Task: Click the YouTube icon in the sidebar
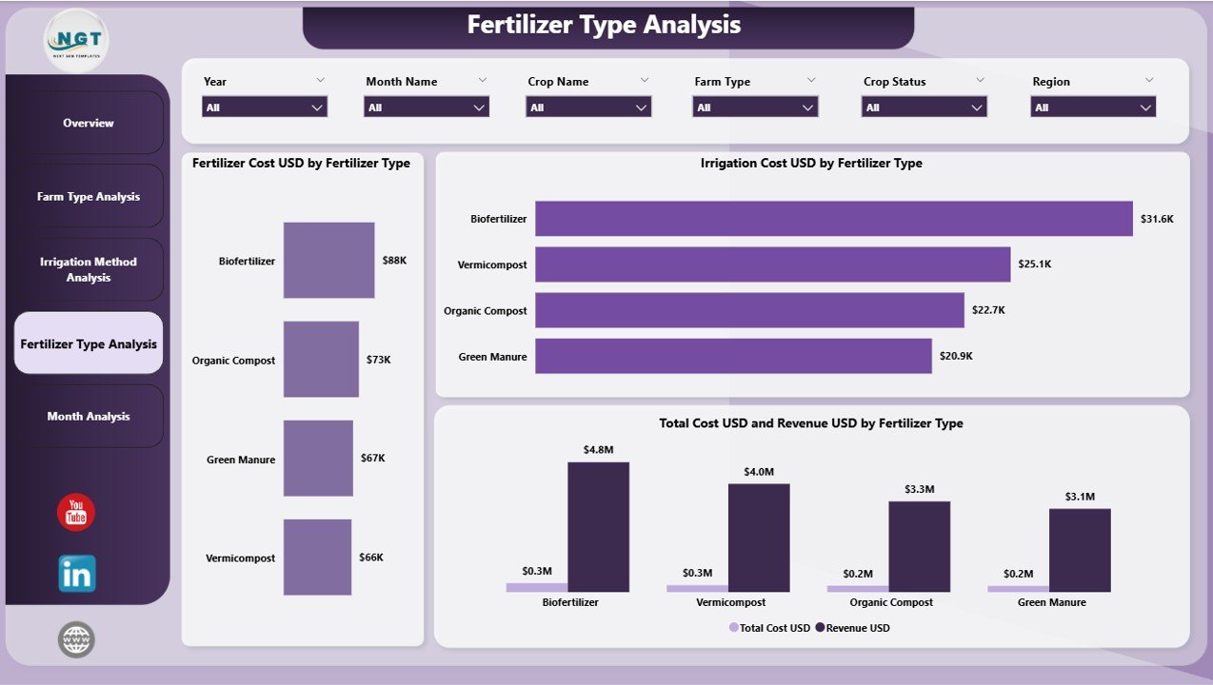76,513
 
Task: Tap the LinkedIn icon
76,574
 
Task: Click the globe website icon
76,639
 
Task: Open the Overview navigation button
89,123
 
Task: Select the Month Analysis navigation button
89,417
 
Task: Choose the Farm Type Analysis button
89,197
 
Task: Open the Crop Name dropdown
588,108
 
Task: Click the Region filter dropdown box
1093,108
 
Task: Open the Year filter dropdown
265,108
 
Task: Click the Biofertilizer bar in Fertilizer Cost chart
328,260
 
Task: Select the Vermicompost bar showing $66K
317,558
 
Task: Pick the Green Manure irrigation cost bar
733,357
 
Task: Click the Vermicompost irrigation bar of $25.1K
772,264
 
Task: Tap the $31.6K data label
1158,219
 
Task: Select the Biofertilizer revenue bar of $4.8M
598,527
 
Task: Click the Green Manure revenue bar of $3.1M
1080,550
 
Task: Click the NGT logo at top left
76,40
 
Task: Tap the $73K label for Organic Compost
378,360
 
